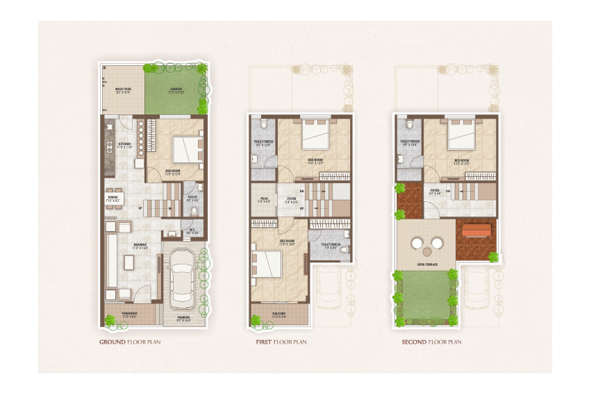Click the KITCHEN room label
124,146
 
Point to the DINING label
113,198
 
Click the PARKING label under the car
183,319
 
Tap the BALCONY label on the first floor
280,316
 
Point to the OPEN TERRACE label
426,264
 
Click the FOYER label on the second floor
435,190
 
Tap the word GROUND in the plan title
113,342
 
